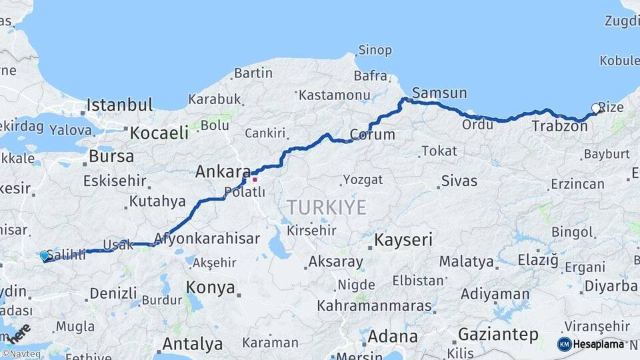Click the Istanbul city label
pyautogui.click(x=120, y=105)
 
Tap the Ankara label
pyautogui.click(x=223, y=172)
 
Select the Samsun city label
pyautogui.click(x=439, y=93)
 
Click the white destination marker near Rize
pyautogui.click(x=596, y=108)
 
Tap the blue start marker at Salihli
pyautogui.click(x=45, y=255)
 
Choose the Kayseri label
pyautogui.click(x=403, y=239)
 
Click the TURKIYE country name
pyautogui.click(x=327, y=207)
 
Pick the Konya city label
pyautogui.click(x=210, y=288)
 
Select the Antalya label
pyautogui.click(x=192, y=345)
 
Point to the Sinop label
pyautogui.click(x=375, y=50)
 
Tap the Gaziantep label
pyautogui.click(x=498, y=335)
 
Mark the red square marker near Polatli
pyautogui.click(x=254, y=179)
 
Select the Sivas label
pyautogui.click(x=459, y=181)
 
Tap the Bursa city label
pyautogui.click(x=111, y=157)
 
